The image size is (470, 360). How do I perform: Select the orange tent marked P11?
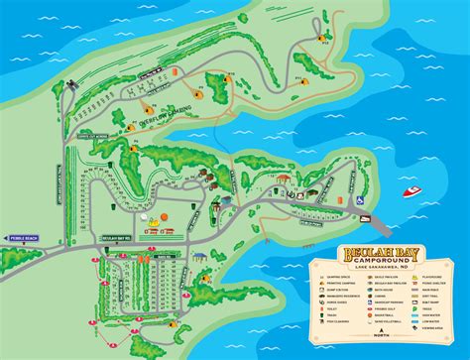[x=297, y=76]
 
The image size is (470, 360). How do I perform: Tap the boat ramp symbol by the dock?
[x=360, y=198]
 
